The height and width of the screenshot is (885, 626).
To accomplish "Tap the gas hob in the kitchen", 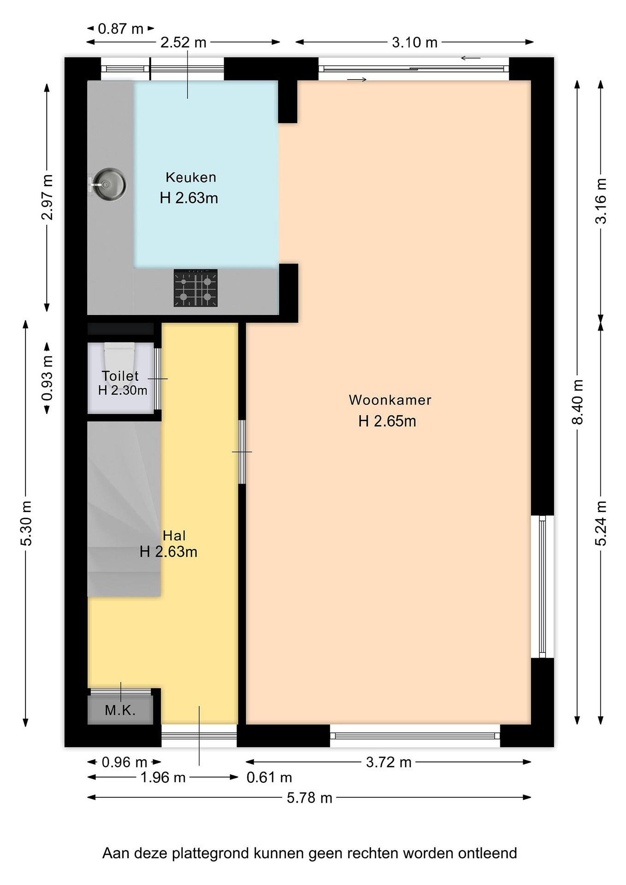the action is pyautogui.click(x=195, y=288).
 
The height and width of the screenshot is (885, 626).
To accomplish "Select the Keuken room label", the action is pyautogui.click(x=191, y=177).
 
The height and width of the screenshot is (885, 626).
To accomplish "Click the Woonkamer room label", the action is pyautogui.click(x=390, y=400).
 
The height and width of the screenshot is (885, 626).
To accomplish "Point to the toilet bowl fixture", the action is pyautogui.click(x=120, y=356).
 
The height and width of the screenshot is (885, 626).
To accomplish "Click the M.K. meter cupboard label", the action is pyautogui.click(x=120, y=710).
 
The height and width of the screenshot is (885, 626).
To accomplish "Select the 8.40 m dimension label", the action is pyautogui.click(x=577, y=402).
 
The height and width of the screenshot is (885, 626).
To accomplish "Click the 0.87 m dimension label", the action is pyautogui.click(x=121, y=29).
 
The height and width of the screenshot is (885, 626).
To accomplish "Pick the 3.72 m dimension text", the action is pyautogui.click(x=389, y=762).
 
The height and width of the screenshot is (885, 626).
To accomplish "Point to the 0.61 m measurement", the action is pyautogui.click(x=270, y=777).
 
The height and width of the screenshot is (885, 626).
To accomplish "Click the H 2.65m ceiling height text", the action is pyautogui.click(x=388, y=421).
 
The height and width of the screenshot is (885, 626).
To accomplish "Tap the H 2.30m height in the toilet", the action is pyautogui.click(x=123, y=391).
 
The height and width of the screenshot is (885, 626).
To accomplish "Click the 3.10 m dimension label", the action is pyautogui.click(x=415, y=42).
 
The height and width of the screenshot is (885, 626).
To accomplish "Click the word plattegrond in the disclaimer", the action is pyautogui.click(x=212, y=854).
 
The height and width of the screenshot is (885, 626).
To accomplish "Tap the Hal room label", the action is pyautogui.click(x=174, y=536).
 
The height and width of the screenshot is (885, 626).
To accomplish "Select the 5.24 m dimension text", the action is pyautogui.click(x=600, y=523).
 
